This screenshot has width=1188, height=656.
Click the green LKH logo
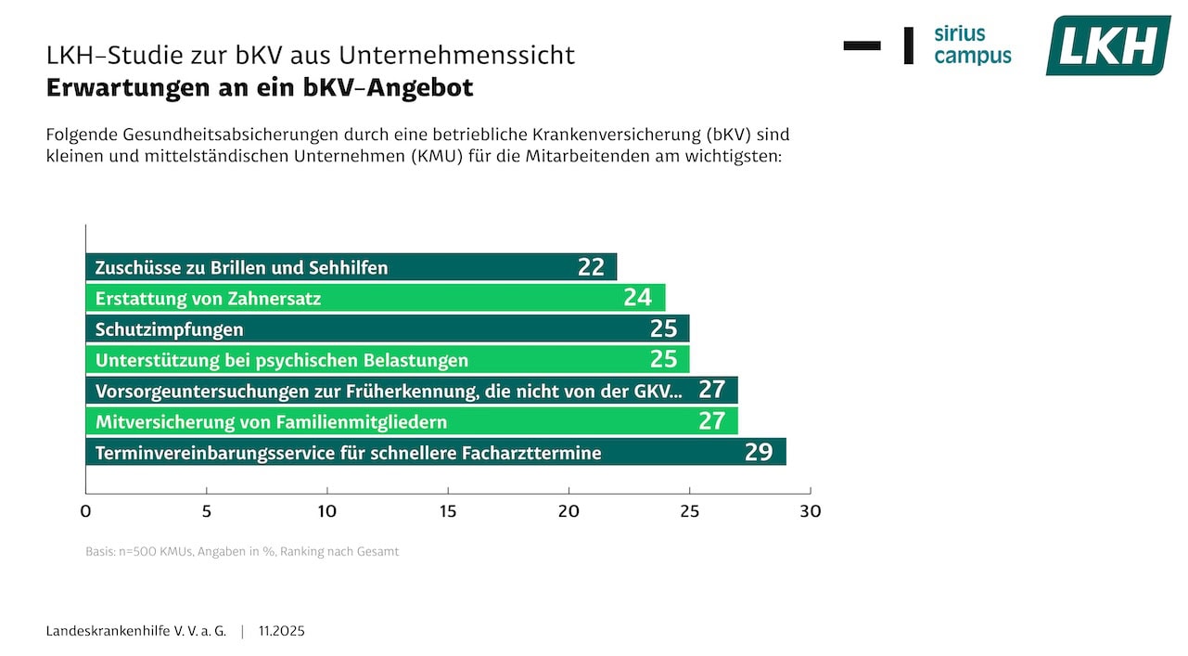click(x=1107, y=45)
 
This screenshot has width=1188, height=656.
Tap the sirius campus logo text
click(x=972, y=45)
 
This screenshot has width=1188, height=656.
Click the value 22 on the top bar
click(x=591, y=267)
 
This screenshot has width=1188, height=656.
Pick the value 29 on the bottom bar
click(x=759, y=452)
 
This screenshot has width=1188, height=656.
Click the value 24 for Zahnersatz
click(x=638, y=298)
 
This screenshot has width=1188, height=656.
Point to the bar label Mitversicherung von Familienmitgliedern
click(x=271, y=422)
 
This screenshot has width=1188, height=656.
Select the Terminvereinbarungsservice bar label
click(x=348, y=453)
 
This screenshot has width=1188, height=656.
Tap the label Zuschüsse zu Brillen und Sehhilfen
click(x=241, y=268)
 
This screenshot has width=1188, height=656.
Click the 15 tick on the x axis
click(x=448, y=511)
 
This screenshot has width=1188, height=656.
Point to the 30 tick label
click(x=810, y=511)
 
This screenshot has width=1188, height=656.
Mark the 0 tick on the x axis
click(x=85, y=511)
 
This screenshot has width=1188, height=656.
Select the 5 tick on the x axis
click(x=206, y=511)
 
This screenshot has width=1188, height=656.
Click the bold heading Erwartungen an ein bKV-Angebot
click(x=260, y=87)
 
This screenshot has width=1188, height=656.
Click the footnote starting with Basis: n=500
click(x=242, y=551)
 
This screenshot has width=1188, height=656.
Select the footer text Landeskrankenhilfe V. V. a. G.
click(x=136, y=631)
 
